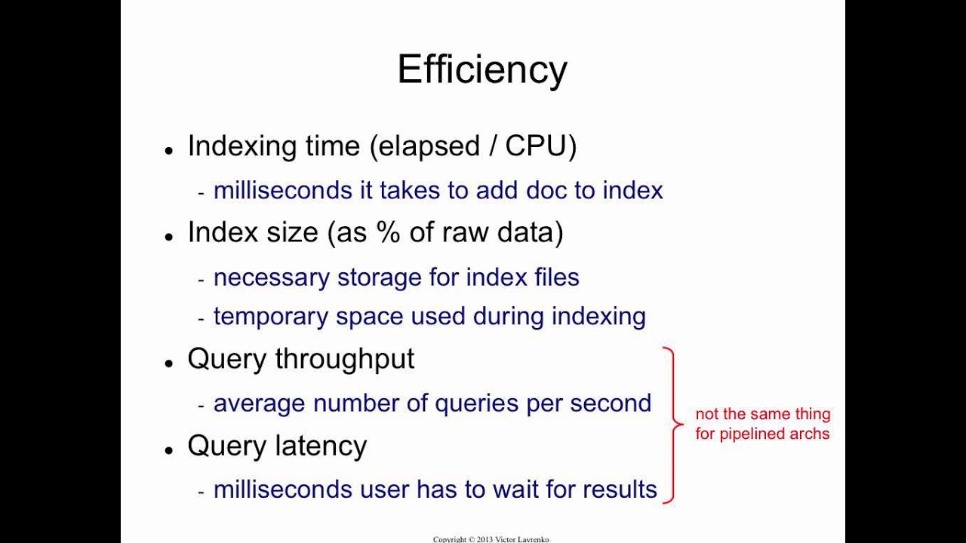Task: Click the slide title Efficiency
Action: click(482, 69)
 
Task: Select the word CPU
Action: click(535, 146)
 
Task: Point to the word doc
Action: click(546, 190)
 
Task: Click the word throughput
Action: click(344, 360)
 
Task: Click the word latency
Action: click(321, 446)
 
